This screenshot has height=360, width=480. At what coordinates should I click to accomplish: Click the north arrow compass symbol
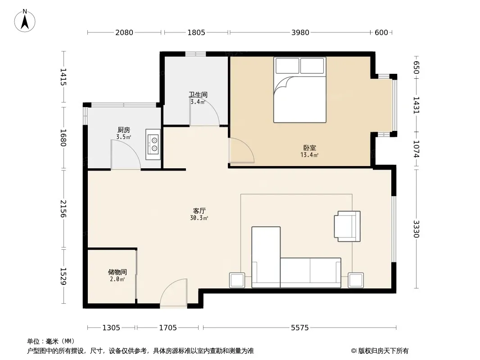point(25,21)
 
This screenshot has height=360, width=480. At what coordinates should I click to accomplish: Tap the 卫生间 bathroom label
point(198,95)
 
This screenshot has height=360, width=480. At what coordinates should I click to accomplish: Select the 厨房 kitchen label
point(124,130)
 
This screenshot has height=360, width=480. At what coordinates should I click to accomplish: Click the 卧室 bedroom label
point(309,148)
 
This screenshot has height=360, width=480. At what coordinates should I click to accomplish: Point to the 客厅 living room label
point(199,211)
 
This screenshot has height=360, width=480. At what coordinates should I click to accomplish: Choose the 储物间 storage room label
point(117,272)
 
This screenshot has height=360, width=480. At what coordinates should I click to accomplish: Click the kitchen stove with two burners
point(153,144)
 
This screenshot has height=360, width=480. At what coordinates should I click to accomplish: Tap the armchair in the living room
point(347,226)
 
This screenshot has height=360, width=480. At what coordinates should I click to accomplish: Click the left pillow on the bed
point(287,66)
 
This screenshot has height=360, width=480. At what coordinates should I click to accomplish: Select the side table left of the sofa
point(237,280)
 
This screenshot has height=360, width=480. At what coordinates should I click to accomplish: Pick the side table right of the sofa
point(356,280)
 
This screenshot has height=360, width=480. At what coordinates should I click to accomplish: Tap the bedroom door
point(241,150)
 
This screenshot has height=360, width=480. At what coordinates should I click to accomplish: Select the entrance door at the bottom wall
point(173,293)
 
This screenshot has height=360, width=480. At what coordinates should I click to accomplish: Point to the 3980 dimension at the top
point(300,32)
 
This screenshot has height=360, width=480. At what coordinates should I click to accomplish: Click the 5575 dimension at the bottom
point(300,328)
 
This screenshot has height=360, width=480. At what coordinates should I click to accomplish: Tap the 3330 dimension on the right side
point(416,229)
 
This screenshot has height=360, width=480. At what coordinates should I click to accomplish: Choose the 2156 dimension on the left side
point(63,209)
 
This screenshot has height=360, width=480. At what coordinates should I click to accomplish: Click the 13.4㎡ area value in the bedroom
point(309,155)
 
